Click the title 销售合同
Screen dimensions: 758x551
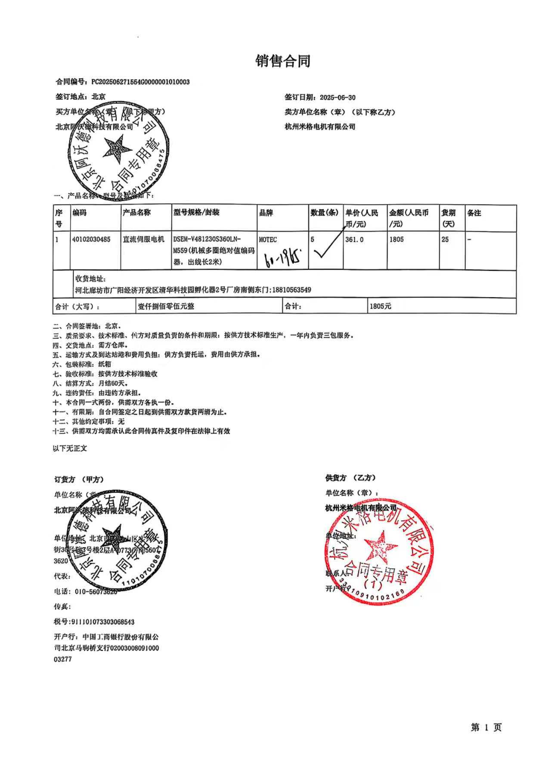pyautogui.click(x=283, y=61)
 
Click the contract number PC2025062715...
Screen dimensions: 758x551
pyautogui.click(x=140, y=82)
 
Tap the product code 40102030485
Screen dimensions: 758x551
pyautogui.click(x=91, y=239)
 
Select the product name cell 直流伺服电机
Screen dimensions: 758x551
pyautogui.click(x=144, y=239)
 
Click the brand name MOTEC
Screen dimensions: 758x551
pyautogui.click(x=268, y=239)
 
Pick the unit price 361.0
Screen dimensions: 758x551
pyautogui.click(x=354, y=239)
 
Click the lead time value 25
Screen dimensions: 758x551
pyautogui.click(x=445, y=239)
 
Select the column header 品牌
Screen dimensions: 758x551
pyautogui.click(x=266, y=213)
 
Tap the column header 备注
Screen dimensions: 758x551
pyautogui.click(x=474, y=213)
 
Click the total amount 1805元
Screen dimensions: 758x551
pyautogui.click(x=381, y=306)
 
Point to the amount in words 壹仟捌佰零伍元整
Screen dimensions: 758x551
pyautogui.click(x=166, y=306)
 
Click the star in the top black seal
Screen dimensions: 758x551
pyautogui.click(x=117, y=149)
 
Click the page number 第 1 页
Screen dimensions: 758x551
pyautogui.click(x=486, y=727)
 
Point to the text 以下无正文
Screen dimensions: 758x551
pyautogui.click(x=70, y=448)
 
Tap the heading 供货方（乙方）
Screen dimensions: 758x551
pyautogui.click(x=350, y=478)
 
